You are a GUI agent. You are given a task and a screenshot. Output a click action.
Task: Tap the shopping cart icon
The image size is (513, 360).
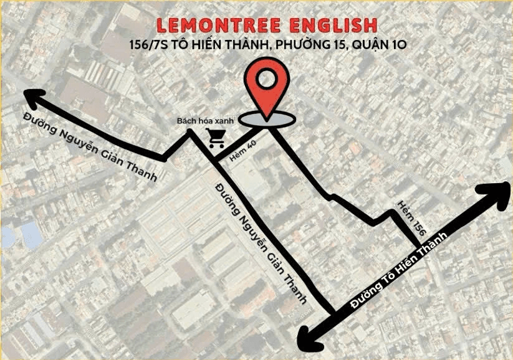(x=217, y=138)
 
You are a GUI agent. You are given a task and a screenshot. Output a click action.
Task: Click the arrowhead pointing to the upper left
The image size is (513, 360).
(x=36, y=98)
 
